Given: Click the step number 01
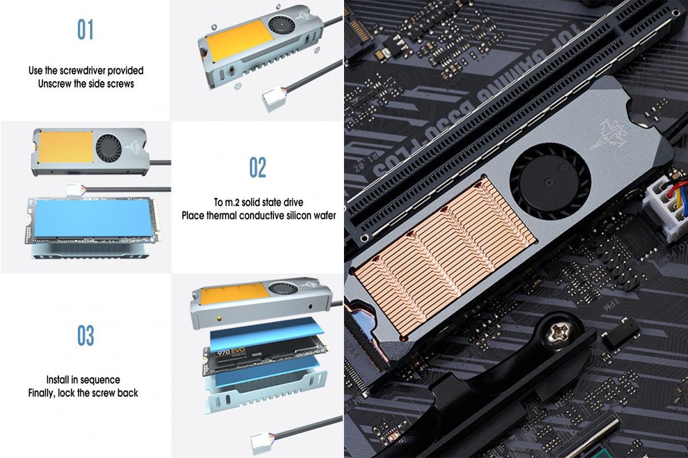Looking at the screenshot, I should [85, 30].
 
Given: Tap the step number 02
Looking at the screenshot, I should [257, 167].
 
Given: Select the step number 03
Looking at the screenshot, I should [85, 335].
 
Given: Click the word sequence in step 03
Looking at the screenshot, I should [98, 379].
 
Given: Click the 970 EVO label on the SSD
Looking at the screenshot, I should [230, 351].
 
